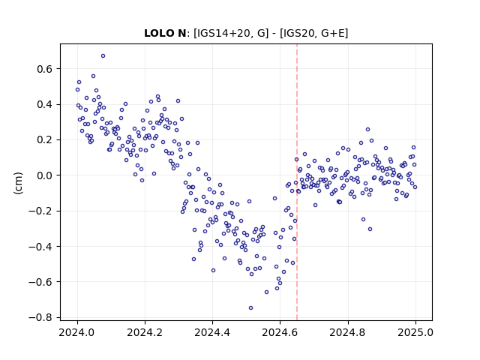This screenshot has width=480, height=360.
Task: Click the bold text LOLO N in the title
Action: point(165,33)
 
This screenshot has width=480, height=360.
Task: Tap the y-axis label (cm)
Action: point(18,183)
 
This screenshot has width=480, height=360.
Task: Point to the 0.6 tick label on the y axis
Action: point(45,69)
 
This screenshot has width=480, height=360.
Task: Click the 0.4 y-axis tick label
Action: point(45,104)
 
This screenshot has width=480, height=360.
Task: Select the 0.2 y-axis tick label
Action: point(45,140)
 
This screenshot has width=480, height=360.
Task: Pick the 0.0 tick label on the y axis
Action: point(45,175)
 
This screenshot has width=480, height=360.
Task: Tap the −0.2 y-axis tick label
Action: point(40,211)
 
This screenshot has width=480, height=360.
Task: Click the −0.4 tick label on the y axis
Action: point(40,247)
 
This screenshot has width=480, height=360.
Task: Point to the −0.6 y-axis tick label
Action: point(40,282)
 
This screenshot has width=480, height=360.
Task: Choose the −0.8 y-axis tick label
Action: point(40,317)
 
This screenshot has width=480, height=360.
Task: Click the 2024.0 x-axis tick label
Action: point(77,332)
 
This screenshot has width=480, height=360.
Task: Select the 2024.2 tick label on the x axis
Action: point(145,332)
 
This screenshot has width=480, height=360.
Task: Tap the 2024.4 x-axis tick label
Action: point(212,332)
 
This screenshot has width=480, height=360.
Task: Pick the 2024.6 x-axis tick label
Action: point(280,332)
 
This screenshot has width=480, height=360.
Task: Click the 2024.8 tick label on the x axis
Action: point(348,332)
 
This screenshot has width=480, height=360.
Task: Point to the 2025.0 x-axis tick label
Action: point(415,332)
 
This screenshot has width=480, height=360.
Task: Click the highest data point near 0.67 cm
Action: point(103,56)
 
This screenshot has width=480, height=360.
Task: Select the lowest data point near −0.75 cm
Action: point(250,308)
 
